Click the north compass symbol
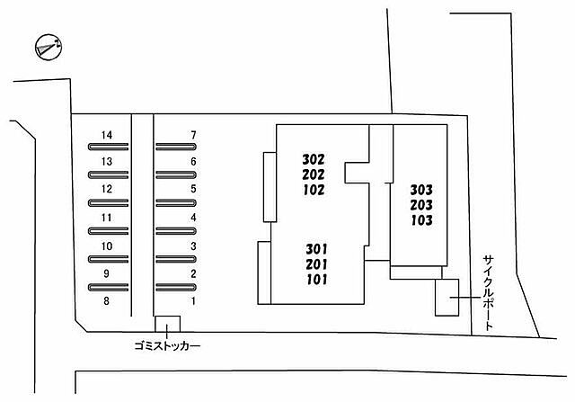[x=48, y=47]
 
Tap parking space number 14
[x=107, y=135]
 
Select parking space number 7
[x=193, y=135]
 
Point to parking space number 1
[x=193, y=301]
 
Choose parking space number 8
[x=106, y=301]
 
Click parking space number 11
[x=106, y=218]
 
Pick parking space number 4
[x=193, y=218]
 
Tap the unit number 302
[x=314, y=159]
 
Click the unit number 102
[x=314, y=190]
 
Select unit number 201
[x=316, y=264]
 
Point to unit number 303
[x=421, y=190]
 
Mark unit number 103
[x=421, y=220]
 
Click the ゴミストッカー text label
[x=167, y=346]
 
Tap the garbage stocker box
[x=168, y=324]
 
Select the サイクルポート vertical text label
[x=489, y=293]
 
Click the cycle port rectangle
[x=447, y=297]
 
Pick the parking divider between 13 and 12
[x=108, y=174]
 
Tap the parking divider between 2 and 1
[x=176, y=287]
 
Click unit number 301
[x=316, y=249]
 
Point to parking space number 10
[x=107, y=246]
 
